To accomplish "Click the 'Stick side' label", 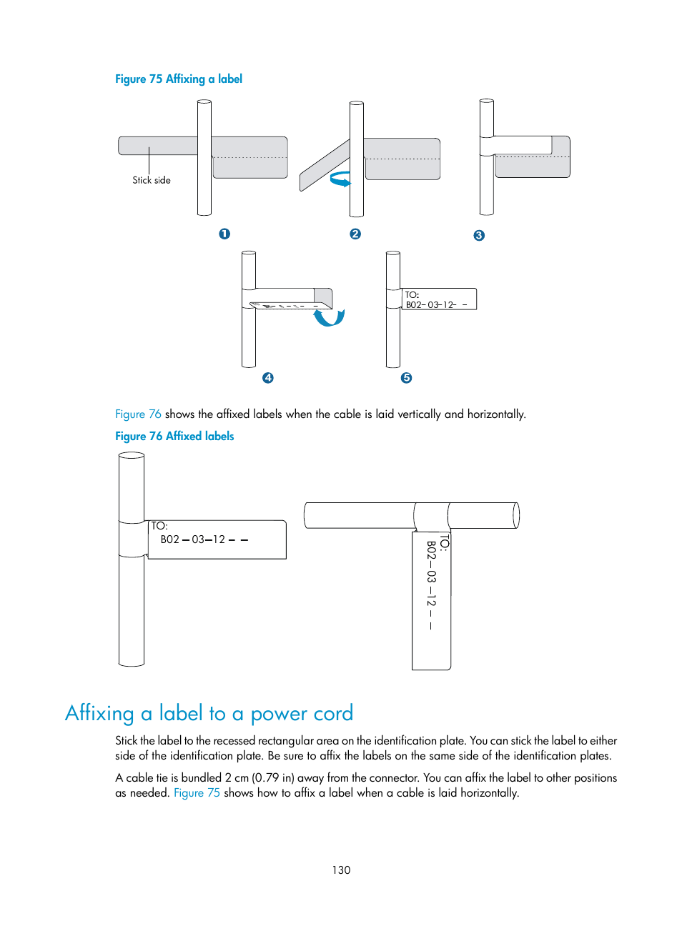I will (x=152, y=180).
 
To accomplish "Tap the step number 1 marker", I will (x=224, y=234).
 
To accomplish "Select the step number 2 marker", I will (x=355, y=234).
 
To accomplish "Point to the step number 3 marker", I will (x=479, y=235).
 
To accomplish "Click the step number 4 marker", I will (x=268, y=377).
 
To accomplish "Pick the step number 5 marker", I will (x=406, y=377).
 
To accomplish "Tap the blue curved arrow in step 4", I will (x=330, y=317).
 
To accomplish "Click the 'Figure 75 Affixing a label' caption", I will (x=179, y=79).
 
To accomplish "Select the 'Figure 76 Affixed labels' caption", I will (x=174, y=436).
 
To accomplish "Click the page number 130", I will (x=341, y=870).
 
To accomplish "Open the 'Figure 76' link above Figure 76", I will (x=138, y=414).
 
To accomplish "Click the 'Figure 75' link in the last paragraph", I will (x=197, y=792).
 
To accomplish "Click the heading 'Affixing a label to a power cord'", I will (x=209, y=713).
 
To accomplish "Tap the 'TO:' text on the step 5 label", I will (x=412, y=294).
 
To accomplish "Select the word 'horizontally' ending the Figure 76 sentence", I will (x=496, y=414).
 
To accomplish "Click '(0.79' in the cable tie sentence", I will (x=265, y=777).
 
